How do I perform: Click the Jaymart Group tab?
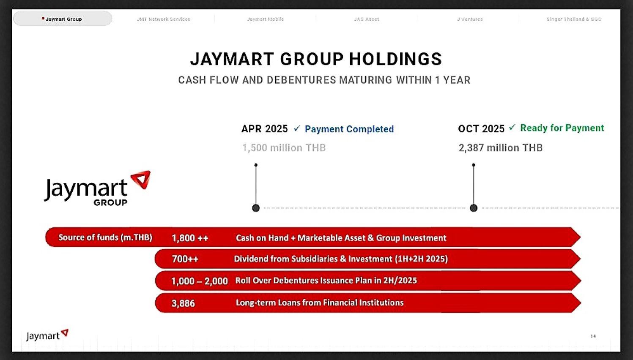[x=63, y=19]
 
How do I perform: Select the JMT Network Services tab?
[x=163, y=19]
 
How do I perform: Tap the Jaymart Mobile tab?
[x=266, y=19]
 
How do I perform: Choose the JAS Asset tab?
[x=367, y=19]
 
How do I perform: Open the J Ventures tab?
[x=470, y=19]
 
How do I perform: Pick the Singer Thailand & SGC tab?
[x=574, y=19]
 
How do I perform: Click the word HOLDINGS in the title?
[x=395, y=59]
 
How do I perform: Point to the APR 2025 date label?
[x=265, y=129]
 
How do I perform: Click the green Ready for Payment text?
[x=562, y=128]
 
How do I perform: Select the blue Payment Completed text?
[x=349, y=129]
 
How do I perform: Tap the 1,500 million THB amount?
[x=284, y=147]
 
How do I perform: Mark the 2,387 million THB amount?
[x=501, y=147]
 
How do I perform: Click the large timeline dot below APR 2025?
[x=256, y=208]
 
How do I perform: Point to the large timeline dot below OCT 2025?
[x=474, y=208]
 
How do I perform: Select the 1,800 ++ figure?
[x=190, y=238]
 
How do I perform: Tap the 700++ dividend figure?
[x=185, y=259]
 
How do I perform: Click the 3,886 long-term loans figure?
[x=183, y=303]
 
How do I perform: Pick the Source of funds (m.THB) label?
[x=105, y=237]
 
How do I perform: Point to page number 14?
[x=593, y=336]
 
